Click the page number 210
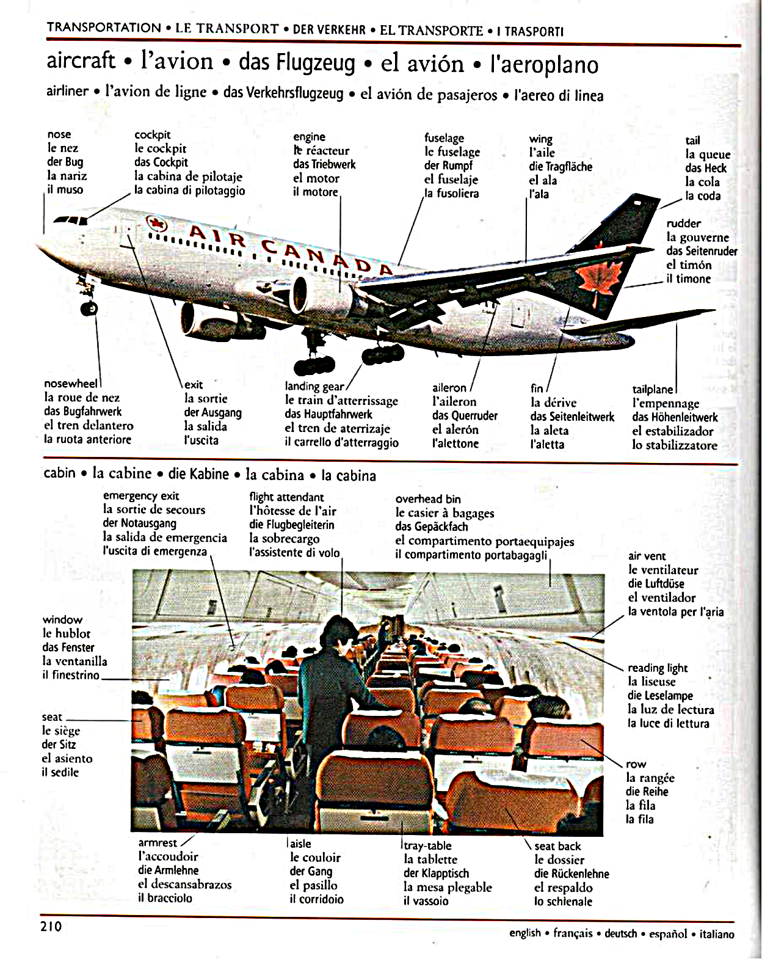[51, 926]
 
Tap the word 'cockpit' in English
[152, 135]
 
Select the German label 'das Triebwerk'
[324, 164]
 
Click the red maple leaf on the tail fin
[598, 281]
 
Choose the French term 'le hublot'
[67, 633]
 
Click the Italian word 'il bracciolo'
[165, 898]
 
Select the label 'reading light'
[658, 668]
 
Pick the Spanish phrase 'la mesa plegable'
[448, 887]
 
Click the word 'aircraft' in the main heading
[81, 60]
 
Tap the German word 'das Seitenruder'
[702, 251]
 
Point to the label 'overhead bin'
[427, 499]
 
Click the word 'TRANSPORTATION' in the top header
[104, 27]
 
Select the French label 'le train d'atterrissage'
[341, 401]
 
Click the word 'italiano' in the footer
[717, 934]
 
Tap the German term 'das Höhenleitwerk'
[675, 417]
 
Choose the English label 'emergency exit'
[141, 496]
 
